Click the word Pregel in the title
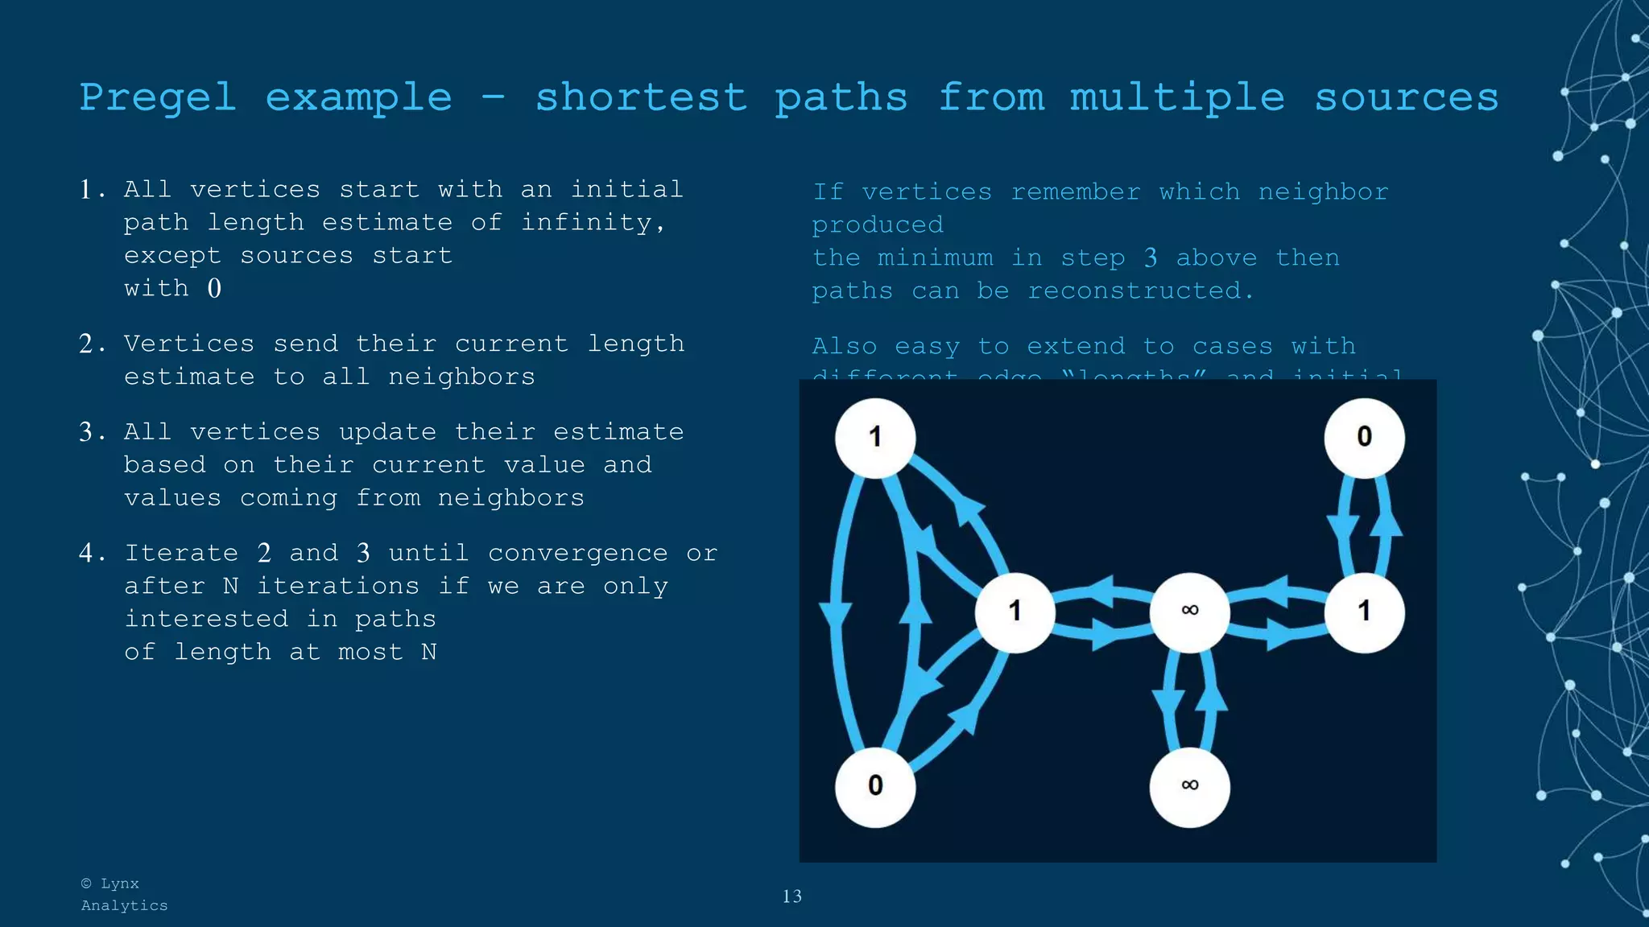(x=158, y=98)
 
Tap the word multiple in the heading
(x=1177, y=98)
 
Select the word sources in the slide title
(x=1406, y=98)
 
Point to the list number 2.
(x=87, y=344)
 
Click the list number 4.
(x=87, y=554)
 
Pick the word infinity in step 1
(x=592, y=223)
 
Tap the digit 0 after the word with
(x=214, y=289)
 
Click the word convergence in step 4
(x=577, y=554)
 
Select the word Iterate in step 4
(x=181, y=554)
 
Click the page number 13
(x=791, y=896)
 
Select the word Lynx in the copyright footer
(x=119, y=884)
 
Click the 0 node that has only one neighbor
(x=1364, y=437)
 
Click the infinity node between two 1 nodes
(x=1189, y=612)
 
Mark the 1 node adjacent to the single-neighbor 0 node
(x=1364, y=612)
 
